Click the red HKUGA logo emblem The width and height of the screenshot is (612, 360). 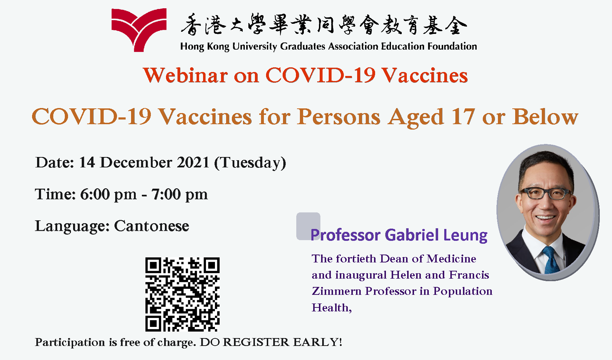pyautogui.click(x=139, y=30)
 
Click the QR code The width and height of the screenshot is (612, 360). pyautogui.click(x=182, y=294)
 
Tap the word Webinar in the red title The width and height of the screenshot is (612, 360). pyautogui.click(x=185, y=75)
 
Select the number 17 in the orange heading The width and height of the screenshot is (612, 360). pyautogui.click(x=463, y=117)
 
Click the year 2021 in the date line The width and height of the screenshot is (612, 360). pyautogui.click(x=193, y=162)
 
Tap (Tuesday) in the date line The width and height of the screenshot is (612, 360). pyautogui.click(x=250, y=163)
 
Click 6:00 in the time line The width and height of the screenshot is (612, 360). pyautogui.click(x=95, y=194)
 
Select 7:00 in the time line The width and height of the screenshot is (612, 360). pyautogui.click(x=166, y=194)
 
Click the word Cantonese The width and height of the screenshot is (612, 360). pyautogui.click(x=151, y=226)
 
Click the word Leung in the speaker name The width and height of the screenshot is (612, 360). pyautogui.click(x=465, y=235)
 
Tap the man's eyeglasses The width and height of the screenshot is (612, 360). pyautogui.click(x=545, y=194)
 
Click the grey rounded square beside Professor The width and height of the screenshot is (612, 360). pyautogui.click(x=308, y=226)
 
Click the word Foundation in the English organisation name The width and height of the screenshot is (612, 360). pyautogui.click(x=452, y=46)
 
